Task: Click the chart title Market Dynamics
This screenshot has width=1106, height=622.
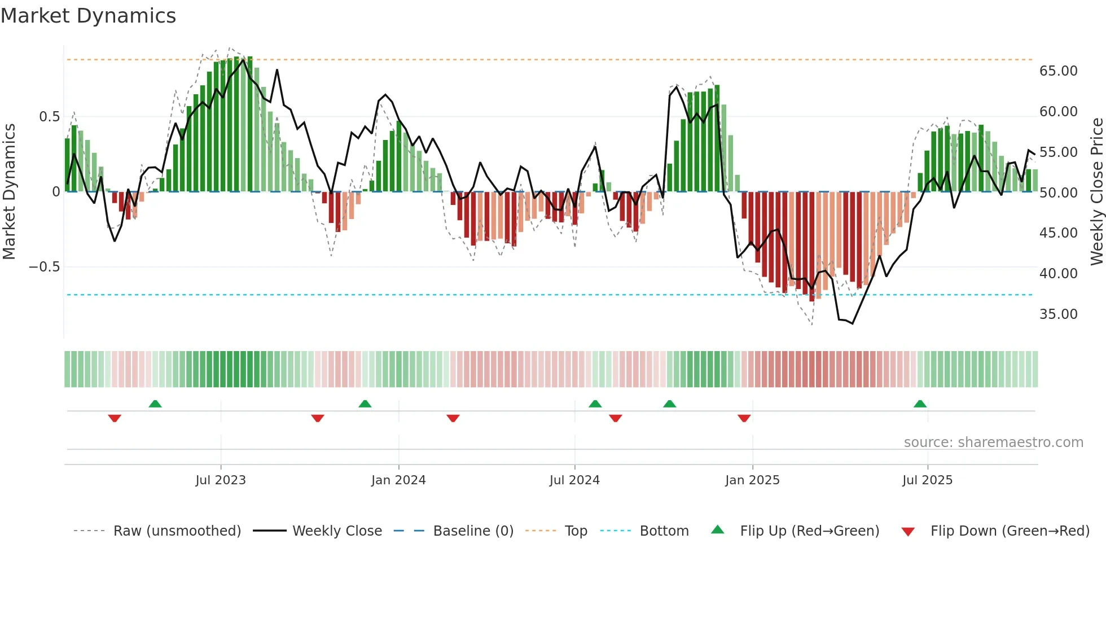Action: point(89,16)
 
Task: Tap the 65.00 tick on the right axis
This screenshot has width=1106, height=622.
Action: point(1058,71)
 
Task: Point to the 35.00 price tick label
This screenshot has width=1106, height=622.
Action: point(1058,314)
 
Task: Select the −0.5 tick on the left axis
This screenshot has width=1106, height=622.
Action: point(45,267)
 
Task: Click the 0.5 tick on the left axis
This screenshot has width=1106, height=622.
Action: point(49,117)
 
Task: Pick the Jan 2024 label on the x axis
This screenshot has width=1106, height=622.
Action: point(398,480)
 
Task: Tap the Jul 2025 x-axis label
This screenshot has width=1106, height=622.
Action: point(927,480)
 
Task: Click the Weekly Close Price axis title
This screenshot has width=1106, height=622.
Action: point(1096,191)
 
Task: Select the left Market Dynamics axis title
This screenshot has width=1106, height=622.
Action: point(10,191)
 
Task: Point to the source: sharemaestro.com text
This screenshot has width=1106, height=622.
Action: point(993,443)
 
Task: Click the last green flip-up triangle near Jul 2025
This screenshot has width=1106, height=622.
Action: point(920,404)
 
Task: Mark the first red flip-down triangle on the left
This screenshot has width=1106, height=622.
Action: point(115,418)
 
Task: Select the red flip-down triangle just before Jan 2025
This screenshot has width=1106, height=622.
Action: point(744,418)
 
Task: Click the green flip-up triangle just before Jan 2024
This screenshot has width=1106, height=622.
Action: point(365,404)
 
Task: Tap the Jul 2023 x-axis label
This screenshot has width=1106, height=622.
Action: point(221,480)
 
